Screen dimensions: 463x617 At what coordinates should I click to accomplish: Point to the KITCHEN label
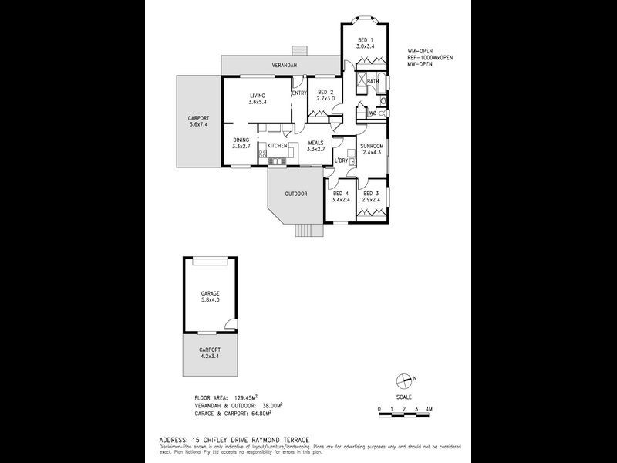point(278,145)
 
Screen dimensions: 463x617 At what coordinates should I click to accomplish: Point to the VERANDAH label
point(285,66)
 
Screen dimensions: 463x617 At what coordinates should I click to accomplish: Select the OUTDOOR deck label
point(295,193)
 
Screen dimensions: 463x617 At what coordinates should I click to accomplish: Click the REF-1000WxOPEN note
point(430,58)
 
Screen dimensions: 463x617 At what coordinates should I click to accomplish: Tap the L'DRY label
point(341,161)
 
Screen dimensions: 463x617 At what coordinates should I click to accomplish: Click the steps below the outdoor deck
point(308,230)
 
